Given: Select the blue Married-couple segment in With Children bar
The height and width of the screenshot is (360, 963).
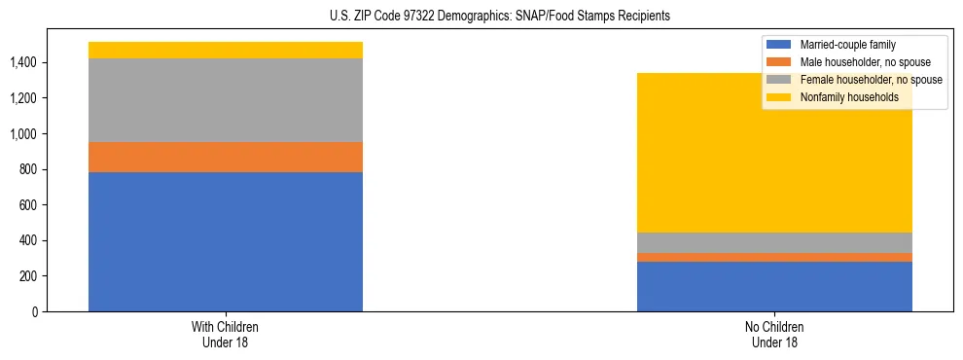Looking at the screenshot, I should coord(226,241).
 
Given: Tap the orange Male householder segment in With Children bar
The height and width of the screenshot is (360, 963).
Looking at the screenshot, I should coord(226,157).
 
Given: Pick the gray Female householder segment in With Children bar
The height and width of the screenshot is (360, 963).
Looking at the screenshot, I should coord(226,100).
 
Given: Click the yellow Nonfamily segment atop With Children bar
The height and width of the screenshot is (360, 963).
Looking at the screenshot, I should coord(226,50).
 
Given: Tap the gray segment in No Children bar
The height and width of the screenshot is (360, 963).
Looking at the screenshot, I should coord(774,242).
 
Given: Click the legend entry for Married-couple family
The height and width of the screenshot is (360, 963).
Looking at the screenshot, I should coord(854,45).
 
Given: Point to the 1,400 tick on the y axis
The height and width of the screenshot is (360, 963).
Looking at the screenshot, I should coord(22,62).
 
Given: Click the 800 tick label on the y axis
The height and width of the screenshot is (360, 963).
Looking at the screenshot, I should coord(28,169).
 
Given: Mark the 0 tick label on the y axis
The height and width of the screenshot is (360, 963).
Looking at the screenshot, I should coord(36,311).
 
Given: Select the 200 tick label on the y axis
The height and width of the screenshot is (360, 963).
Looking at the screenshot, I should coord(28,276).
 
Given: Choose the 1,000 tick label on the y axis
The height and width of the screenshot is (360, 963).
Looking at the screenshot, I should coord(22,133).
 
